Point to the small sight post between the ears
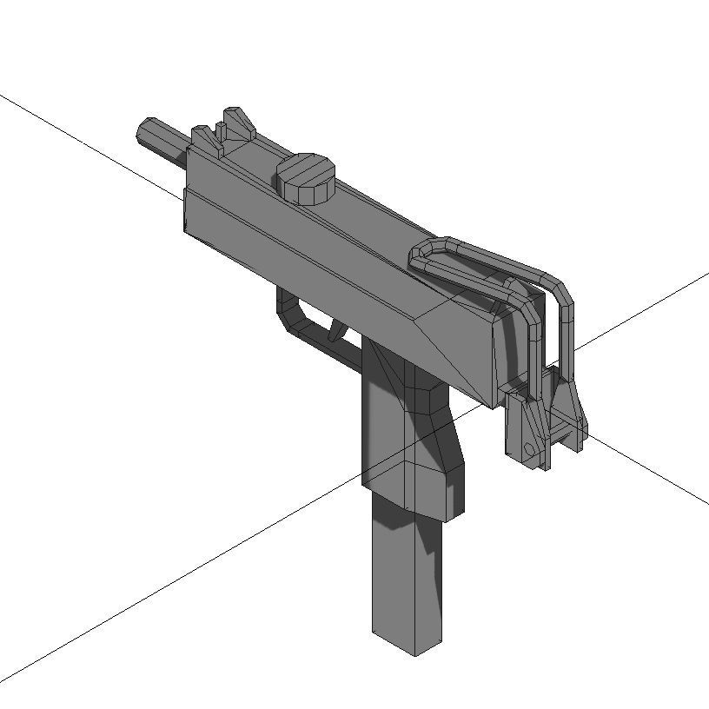[221, 133]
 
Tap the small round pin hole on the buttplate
[529, 448]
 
